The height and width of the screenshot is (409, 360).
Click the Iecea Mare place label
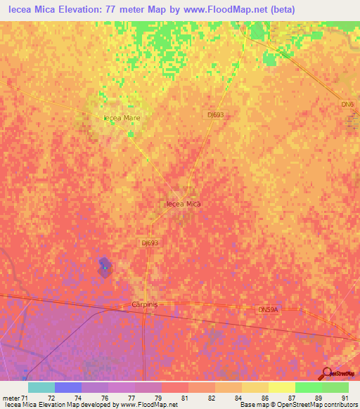[122, 118]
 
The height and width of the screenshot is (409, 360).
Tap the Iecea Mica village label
[183, 204]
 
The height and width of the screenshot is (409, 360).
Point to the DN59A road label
[268, 309]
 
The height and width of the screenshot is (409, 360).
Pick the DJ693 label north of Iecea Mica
[215, 114]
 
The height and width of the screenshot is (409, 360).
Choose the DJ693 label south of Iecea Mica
[150, 243]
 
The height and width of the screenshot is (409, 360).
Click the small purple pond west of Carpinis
[104, 268]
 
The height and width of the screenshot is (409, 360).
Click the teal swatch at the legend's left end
[41, 387]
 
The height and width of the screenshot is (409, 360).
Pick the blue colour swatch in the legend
[67, 387]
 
